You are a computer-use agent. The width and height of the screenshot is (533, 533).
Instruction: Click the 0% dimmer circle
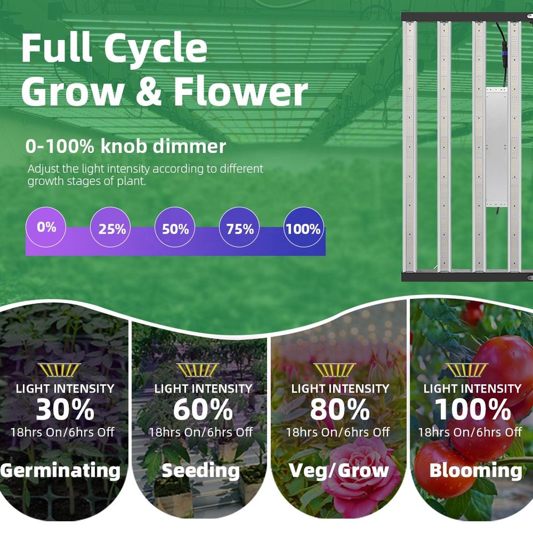(x=46, y=227)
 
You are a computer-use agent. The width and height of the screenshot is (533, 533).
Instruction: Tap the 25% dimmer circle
(x=110, y=227)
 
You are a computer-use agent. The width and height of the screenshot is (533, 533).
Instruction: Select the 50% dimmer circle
(x=175, y=227)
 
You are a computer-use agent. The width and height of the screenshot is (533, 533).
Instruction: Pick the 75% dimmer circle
(x=239, y=227)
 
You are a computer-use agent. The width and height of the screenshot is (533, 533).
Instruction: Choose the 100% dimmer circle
(x=304, y=227)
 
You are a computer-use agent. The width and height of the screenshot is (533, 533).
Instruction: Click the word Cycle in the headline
(x=155, y=49)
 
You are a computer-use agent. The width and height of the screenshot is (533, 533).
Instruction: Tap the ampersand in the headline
(x=148, y=91)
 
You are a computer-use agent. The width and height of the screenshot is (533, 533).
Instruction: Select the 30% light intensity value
(x=65, y=410)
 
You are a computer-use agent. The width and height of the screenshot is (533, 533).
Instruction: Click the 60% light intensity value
(x=203, y=410)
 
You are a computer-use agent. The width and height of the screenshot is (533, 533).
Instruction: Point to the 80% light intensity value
(x=340, y=410)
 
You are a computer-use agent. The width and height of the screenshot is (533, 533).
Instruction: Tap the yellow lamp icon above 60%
(x=198, y=370)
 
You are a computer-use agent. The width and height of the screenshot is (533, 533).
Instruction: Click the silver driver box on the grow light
(x=496, y=147)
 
